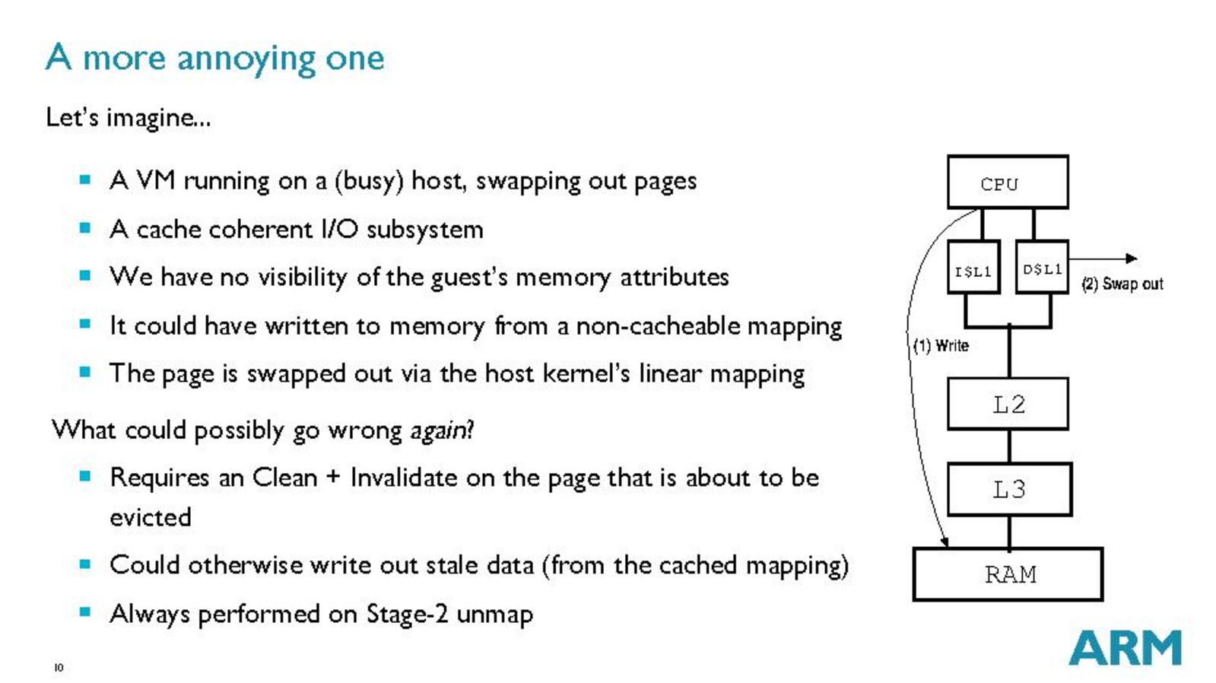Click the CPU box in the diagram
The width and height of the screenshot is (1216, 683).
(1007, 183)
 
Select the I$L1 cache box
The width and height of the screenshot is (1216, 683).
(973, 268)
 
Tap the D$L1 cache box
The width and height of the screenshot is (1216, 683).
(1042, 268)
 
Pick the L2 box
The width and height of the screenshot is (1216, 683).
(1008, 404)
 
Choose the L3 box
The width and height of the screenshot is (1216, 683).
(1009, 489)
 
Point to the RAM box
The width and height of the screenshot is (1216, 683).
(1008, 574)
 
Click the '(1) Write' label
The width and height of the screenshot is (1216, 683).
(941, 346)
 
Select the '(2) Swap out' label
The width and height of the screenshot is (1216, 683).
(1122, 284)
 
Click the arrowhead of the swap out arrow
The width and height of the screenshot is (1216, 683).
(1132, 259)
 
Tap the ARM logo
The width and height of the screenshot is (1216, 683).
(1125, 648)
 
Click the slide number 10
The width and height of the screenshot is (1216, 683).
(59, 668)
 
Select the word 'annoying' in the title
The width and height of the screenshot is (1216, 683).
(246, 59)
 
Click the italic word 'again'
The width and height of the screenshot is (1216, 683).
(439, 431)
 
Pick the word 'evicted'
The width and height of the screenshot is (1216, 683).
(151, 518)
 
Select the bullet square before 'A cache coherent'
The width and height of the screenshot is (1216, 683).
(85, 228)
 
